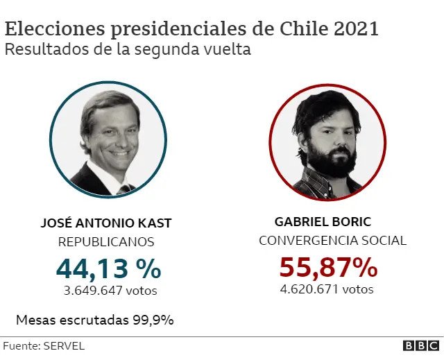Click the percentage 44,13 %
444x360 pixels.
pyautogui.click(x=108, y=268)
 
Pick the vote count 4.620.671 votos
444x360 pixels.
pyautogui.click(x=326, y=289)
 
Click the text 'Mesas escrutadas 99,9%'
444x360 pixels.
pyautogui.click(x=94, y=320)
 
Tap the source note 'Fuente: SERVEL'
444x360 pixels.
pyautogui.click(x=44, y=345)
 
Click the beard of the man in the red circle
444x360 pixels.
pyautogui.click(x=330, y=162)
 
